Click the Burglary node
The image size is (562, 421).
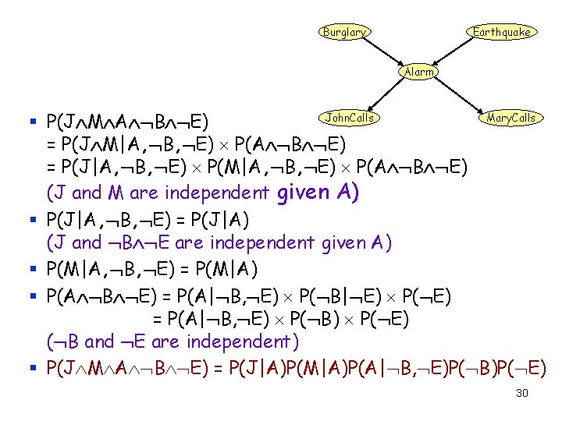point(344,32)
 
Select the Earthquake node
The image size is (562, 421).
point(501,32)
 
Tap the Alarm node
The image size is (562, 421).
point(419,72)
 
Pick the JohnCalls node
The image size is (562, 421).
point(349,119)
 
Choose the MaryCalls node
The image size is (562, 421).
point(510,119)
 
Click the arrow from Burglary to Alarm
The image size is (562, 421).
point(382,52)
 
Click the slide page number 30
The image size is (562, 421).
point(522,393)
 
